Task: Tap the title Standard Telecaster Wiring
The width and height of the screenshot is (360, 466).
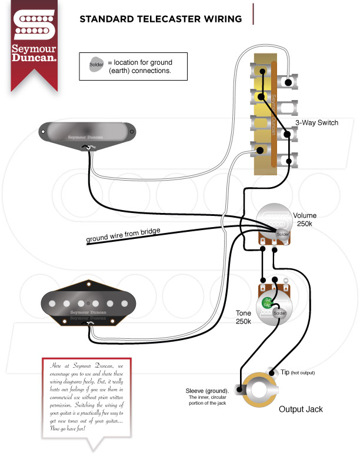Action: click(x=161, y=19)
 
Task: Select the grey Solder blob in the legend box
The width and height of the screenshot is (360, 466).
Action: click(x=96, y=65)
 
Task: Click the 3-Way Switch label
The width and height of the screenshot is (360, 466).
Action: click(x=316, y=122)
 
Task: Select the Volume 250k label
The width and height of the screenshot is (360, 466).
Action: click(x=305, y=219)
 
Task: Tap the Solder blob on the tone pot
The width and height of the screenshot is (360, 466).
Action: click(x=279, y=313)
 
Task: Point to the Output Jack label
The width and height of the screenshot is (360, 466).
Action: click(x=301, y=409)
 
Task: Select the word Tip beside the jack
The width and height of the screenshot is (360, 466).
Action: click(x=284, y=372)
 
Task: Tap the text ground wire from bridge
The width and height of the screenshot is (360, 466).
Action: click(x=123, y=234)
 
